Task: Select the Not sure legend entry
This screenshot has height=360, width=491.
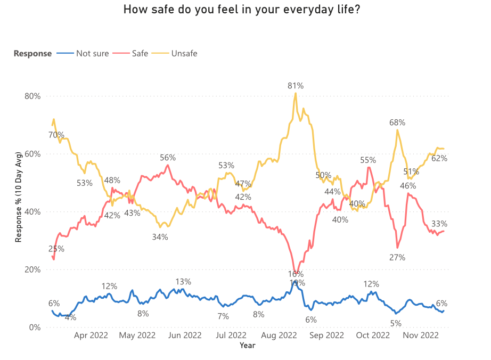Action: coord(92,53)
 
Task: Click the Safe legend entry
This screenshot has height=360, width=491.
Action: coord(140,53)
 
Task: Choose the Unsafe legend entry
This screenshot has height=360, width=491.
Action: coord(184,53)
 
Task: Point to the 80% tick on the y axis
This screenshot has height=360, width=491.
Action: coord(33,96)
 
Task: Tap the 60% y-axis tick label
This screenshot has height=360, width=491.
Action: coord(33,154)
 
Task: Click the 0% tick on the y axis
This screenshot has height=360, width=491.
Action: coord(35,327)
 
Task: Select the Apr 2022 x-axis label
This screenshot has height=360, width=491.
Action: coord(91,336)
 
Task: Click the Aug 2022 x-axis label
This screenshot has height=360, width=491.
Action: coord(280,336)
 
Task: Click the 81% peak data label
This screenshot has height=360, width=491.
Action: coord(296,85)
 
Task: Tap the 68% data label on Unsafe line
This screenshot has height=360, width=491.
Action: coord(397,122)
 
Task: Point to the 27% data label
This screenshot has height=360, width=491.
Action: coord(397,257)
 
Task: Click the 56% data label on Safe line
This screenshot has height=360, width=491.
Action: coord(168,158)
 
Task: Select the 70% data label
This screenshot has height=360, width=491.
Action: coord(56,135)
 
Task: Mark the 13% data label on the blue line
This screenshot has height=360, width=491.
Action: coord(183,282)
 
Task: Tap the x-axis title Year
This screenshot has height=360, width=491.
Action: coord(247,346)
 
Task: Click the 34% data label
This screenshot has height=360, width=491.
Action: coord(160,237)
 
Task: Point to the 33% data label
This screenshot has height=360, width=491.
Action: coord(439,224)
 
